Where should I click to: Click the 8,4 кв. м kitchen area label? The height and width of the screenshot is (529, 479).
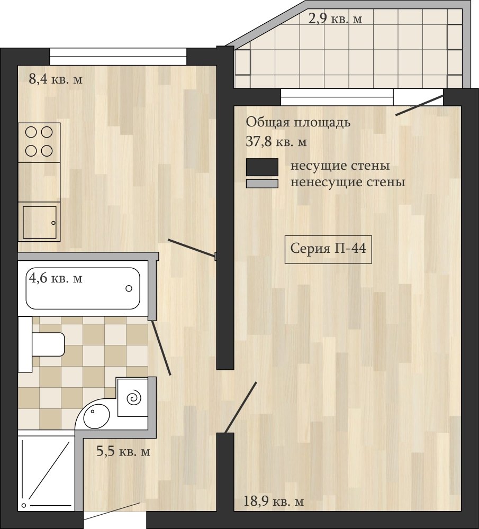click(x=56, y=80)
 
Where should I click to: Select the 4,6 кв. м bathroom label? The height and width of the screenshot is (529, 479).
click(x=56, y=278)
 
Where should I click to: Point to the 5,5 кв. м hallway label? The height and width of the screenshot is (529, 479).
click(x=123, y=451)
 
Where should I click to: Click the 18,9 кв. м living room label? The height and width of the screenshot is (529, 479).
click(x=274, y=501)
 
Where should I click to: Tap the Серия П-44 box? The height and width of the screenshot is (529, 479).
click(x=328, y=249)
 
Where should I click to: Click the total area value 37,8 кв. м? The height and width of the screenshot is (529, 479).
click(x=276, y=142)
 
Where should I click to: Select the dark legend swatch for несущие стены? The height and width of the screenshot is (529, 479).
click(x=263, y=167)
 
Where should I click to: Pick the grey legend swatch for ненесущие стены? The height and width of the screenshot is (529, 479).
click(x=263, y=184)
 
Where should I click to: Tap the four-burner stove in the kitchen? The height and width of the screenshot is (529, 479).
click(x=39, y=142)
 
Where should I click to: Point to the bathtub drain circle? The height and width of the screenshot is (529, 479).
click(x=129, y=288)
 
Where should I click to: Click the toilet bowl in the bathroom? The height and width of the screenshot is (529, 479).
click(x=48, y=344)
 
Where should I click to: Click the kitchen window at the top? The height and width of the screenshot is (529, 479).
click(x=118, y=57)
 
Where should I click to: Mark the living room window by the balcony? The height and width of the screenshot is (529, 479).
click(x=337, y=97)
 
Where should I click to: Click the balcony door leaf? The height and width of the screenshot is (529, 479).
click(x=419, y=105)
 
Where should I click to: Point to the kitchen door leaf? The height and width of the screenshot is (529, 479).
click(x=192, y=248)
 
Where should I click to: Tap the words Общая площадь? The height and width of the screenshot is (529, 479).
click(x=298, y=123)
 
